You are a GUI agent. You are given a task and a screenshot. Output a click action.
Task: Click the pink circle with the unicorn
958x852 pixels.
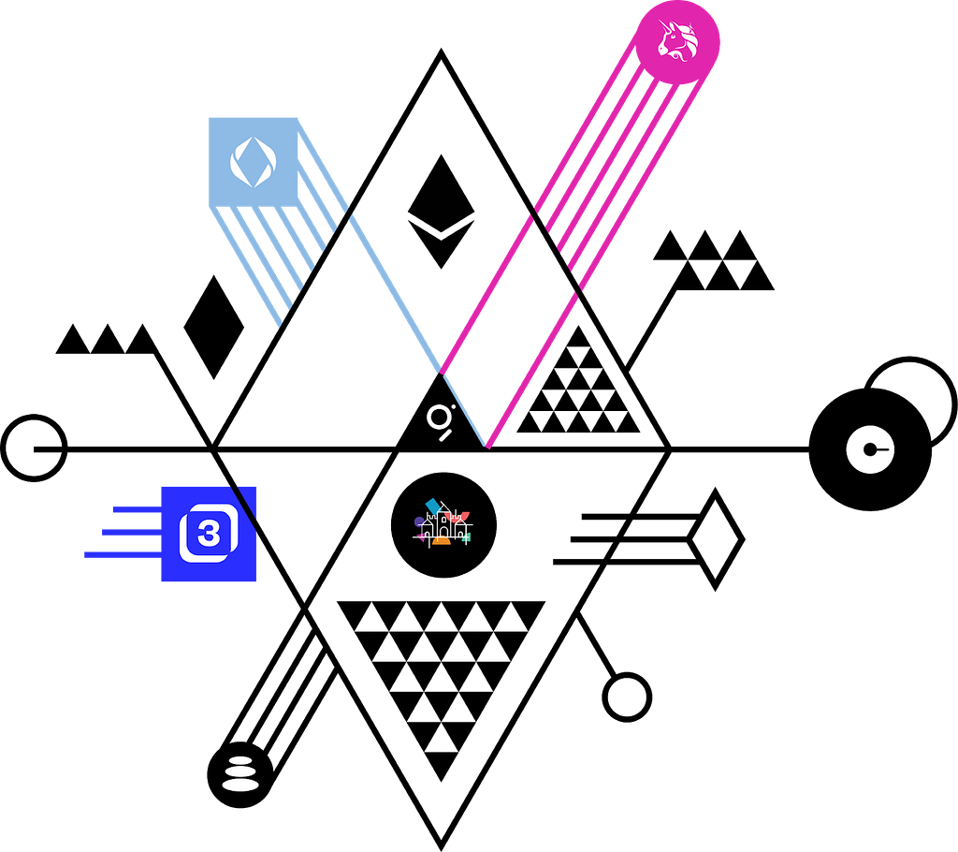point(677,42)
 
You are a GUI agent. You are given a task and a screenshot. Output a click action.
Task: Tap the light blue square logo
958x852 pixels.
point(254,162)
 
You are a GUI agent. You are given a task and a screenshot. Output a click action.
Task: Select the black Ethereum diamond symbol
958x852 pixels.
point(442,212)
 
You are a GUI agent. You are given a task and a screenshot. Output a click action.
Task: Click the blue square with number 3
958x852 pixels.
point(209,534)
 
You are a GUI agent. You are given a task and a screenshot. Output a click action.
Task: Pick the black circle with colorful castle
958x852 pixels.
point(443,525)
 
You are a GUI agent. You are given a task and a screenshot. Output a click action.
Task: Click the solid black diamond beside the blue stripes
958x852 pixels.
point(214,327)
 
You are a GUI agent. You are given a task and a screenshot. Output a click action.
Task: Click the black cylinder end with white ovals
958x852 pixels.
point(240,775)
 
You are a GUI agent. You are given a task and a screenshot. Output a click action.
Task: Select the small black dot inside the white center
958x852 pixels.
point(870,449)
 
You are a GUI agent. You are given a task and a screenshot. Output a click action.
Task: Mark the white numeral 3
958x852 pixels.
point(209,534)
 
